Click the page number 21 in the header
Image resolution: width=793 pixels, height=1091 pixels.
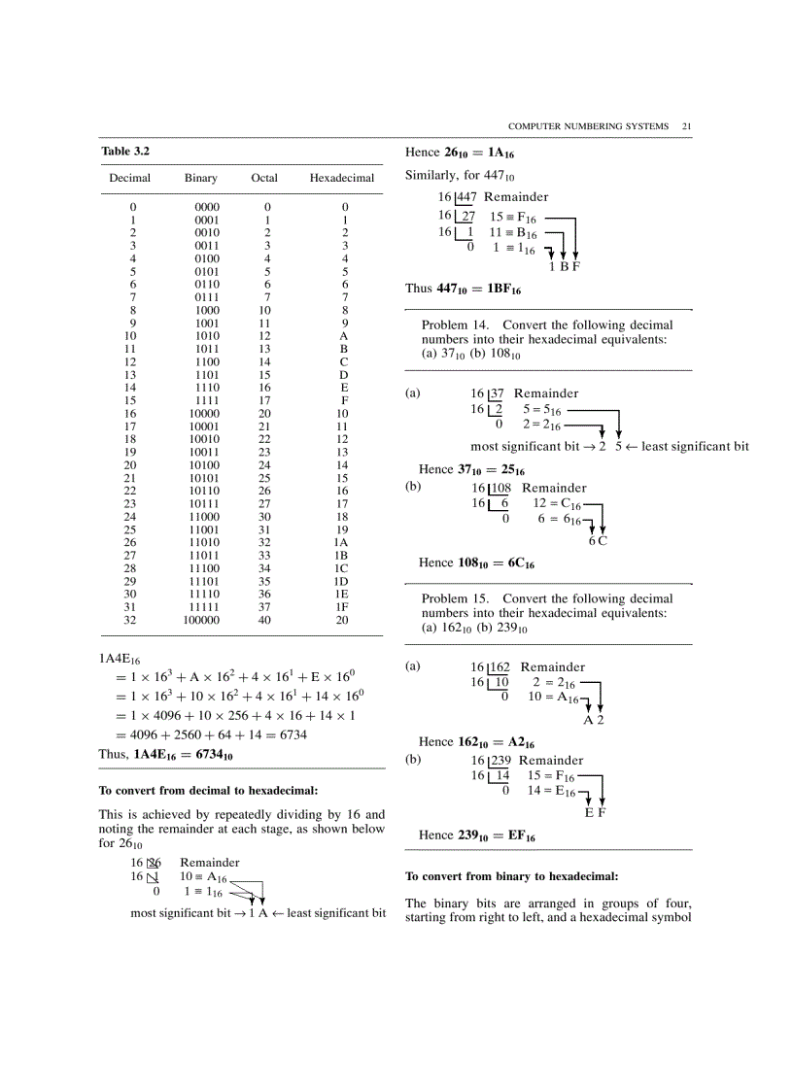[686, 126]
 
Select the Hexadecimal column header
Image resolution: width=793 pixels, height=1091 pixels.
[341, 179]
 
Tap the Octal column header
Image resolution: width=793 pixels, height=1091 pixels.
[264, 179]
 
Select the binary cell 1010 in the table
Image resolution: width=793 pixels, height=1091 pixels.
[207, 335]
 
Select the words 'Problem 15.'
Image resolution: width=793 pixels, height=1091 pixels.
[456, 598]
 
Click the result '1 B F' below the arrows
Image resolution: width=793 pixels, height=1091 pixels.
[564, 266]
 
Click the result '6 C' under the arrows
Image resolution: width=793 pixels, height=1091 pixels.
[598, 541]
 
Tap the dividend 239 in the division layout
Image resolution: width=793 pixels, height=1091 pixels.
[500, 761]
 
